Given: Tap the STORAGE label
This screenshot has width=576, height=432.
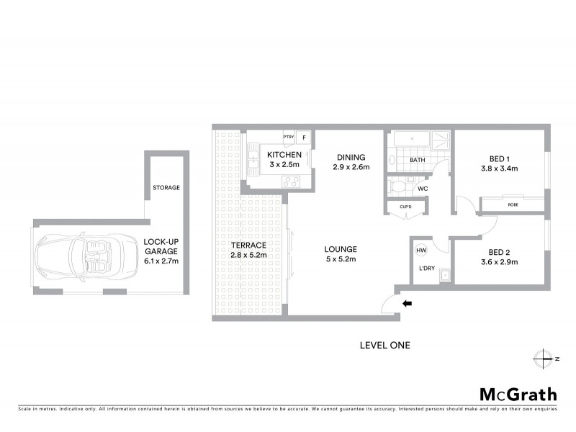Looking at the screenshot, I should [166, 188].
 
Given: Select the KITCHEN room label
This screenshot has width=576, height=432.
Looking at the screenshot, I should [284, 155].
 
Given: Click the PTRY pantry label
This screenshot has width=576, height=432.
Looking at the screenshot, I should [288, 137].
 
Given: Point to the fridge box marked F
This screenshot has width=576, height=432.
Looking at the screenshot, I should [305, 137].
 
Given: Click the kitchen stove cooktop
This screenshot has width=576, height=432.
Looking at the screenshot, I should [293, 181].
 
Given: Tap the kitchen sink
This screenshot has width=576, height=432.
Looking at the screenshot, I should [254, 157].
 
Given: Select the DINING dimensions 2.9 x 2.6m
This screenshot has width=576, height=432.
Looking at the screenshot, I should [351, 168].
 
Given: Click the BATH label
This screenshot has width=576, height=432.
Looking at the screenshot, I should [418, 160].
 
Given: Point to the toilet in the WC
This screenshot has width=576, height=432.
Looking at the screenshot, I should [397, 187].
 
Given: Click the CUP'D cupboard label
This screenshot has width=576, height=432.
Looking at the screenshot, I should [405, 207].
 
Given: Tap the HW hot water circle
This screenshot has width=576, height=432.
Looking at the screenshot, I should [421, 250].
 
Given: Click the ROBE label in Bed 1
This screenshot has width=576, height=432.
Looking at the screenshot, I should [513, 205].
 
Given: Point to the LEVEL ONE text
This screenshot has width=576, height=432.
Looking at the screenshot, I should [384, 346].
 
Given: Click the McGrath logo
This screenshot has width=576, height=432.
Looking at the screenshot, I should [518, 394].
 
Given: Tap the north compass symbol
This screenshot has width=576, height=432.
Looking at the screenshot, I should [541, 358].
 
